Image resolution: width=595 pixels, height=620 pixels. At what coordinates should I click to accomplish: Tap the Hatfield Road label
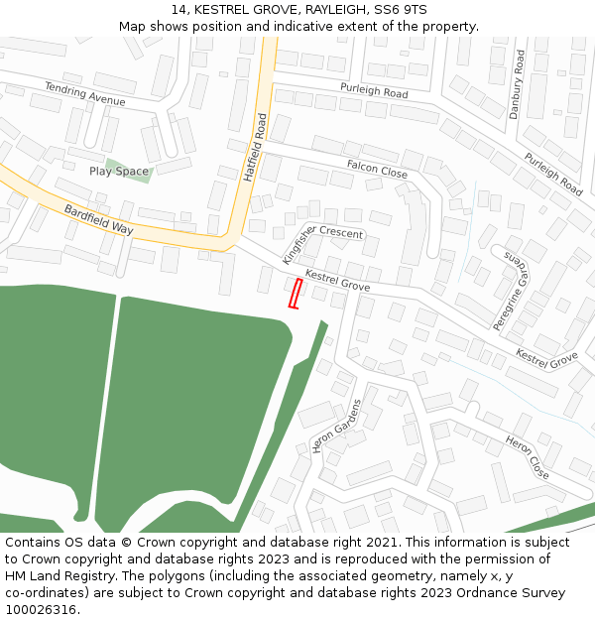256,147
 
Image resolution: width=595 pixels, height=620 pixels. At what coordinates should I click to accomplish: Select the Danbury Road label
515,85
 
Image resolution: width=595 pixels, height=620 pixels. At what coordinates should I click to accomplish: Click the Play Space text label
118,172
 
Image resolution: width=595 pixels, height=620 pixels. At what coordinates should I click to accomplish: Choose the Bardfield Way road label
98,219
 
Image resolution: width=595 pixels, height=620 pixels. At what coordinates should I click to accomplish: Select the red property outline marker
295,293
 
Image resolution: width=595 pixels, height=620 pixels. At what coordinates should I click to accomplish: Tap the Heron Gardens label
337,426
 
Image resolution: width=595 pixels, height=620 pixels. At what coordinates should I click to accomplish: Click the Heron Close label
527,455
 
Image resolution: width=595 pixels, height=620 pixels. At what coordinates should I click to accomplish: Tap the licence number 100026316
40,610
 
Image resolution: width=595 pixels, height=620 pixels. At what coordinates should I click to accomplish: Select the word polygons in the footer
201,576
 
